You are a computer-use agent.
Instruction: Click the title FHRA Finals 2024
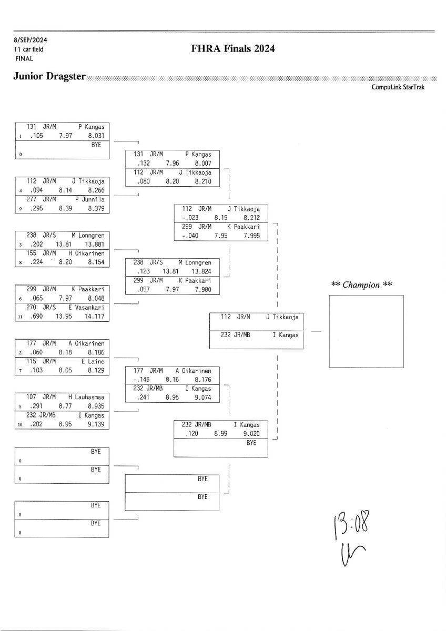(233, 49)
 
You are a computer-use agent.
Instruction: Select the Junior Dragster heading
(49, 76)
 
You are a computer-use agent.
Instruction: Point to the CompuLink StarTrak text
(398, 87)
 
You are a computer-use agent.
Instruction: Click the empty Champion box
(366, 331)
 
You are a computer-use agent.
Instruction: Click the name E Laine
(93, 362)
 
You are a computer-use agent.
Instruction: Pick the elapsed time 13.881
(96, 244)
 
